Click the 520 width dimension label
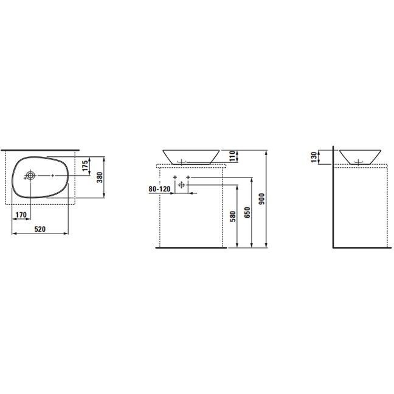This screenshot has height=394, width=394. tap(40, 229)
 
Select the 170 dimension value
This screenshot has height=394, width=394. tap(21, 215)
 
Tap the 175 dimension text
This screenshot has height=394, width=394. tap(85, 166)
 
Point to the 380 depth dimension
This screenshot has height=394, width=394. tap(100, 178)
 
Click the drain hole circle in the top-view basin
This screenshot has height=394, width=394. tap(30, 175)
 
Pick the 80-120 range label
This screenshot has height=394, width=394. tap(159, 188)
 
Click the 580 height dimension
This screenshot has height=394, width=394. tap(233, 216)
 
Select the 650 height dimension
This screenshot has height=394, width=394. tap(247, 212)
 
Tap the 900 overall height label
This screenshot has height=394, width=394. tap(262, 199)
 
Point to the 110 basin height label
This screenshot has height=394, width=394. tap(232, 156)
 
